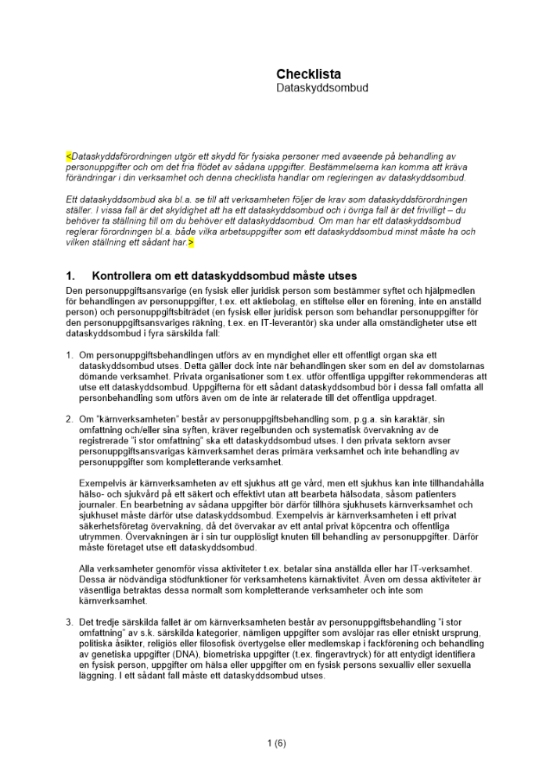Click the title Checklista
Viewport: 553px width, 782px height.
[308, 74]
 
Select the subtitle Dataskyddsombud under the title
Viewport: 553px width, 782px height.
[321, 88]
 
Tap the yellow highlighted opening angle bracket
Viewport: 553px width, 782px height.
[68, 156]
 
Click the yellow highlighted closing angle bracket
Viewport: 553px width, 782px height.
[191, 243]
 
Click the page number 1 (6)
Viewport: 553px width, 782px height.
[276, 743]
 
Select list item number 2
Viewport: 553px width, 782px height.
[70, 418]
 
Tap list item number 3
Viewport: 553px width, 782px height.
[70, 621]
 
